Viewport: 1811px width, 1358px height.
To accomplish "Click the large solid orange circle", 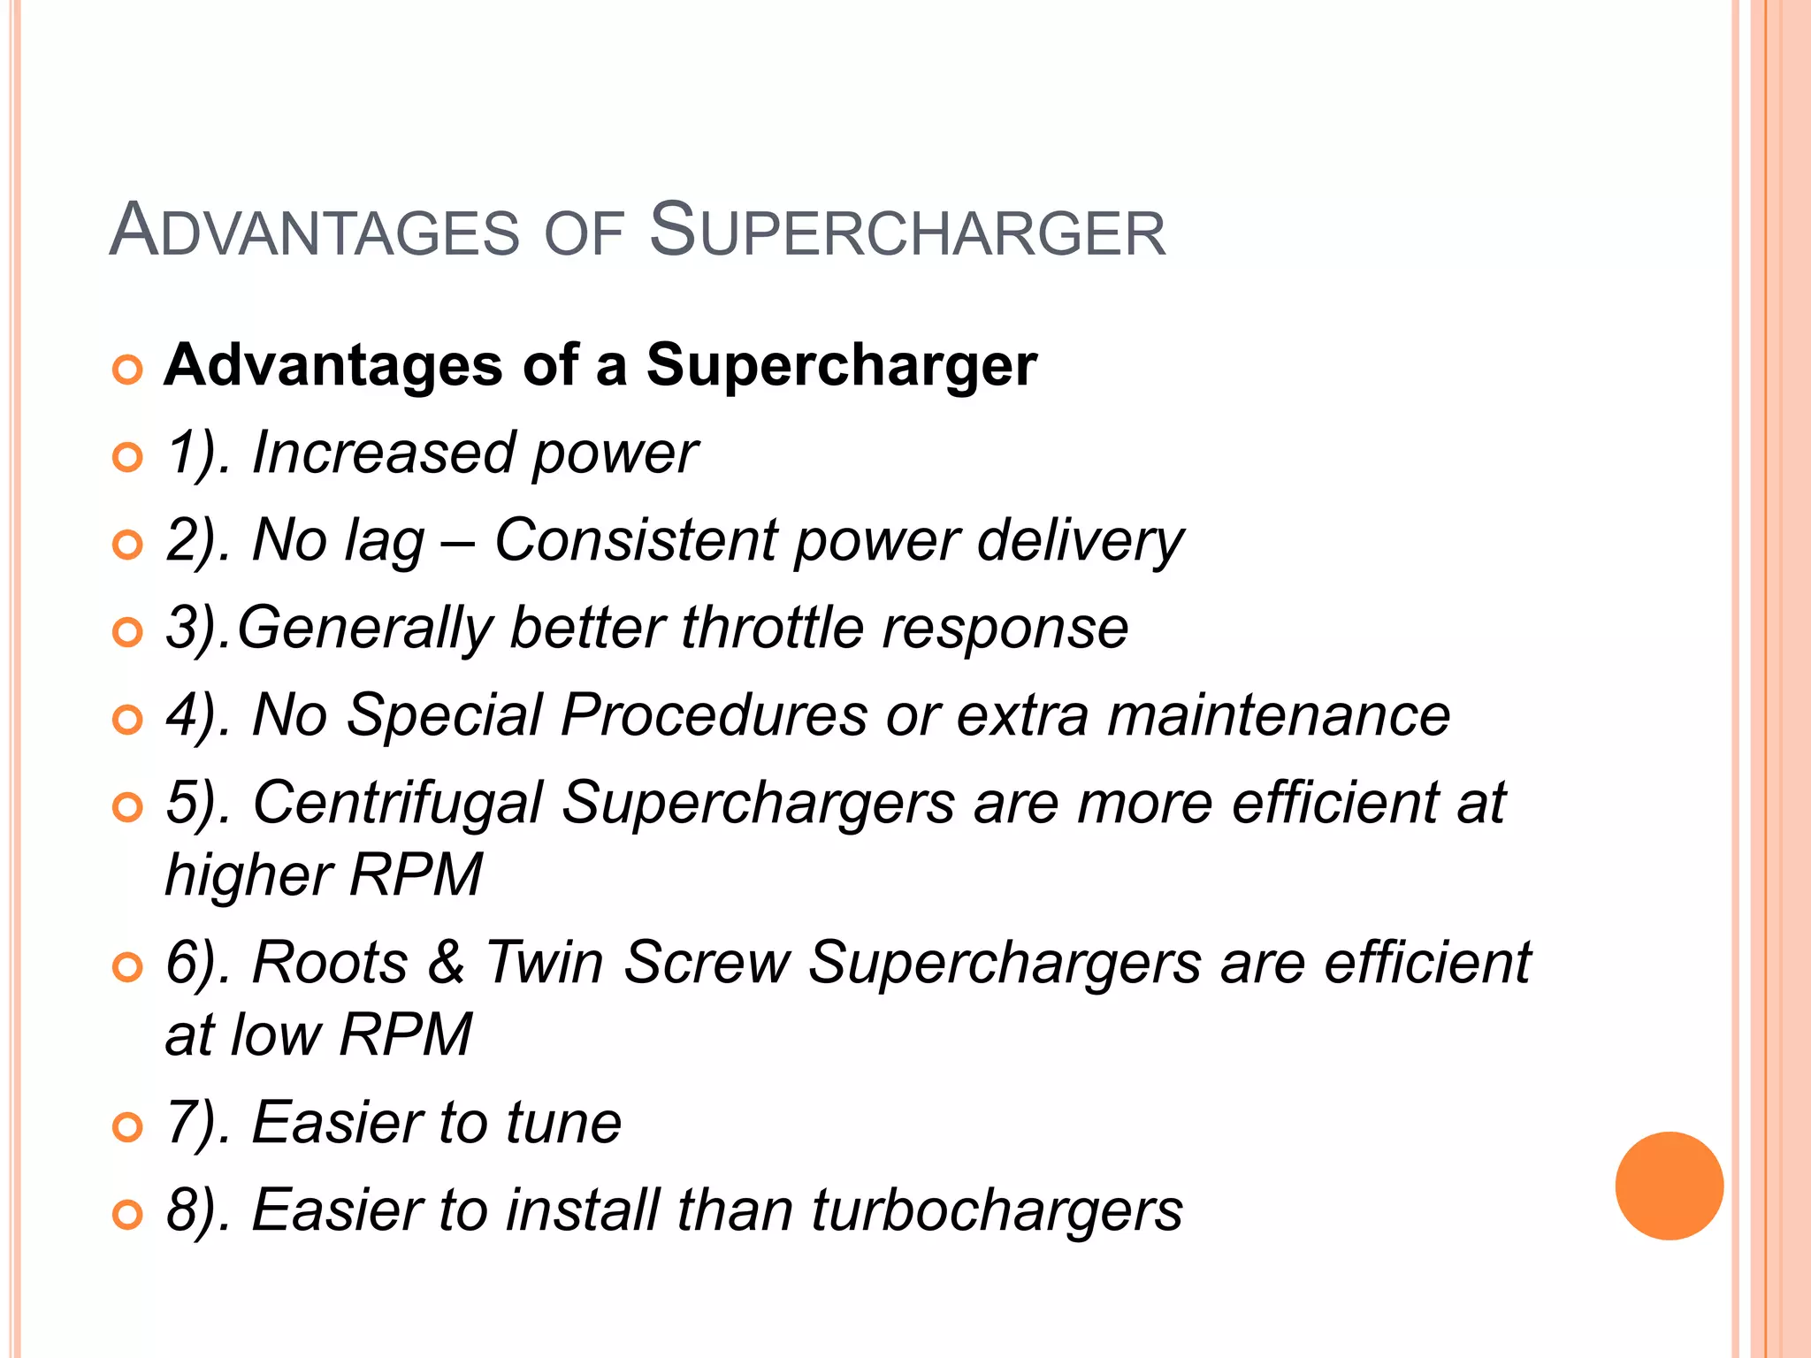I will click(x=1669, y=1186).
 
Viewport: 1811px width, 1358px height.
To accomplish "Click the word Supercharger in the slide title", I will click(x=907, y=232).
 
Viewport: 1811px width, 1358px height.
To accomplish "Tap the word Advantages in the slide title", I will click(x=315, y=232).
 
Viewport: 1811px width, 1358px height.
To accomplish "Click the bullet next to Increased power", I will click(x=127, y=457).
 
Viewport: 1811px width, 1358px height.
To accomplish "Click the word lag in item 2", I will click(x=384, y=541).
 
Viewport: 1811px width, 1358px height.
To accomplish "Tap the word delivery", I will click(x=1080, y=541).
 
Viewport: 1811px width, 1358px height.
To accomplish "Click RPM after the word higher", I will click(x=416, y=875).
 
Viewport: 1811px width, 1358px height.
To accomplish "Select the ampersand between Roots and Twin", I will click(x=447, y=962).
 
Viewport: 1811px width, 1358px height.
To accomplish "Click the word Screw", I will click(x=707, y=962).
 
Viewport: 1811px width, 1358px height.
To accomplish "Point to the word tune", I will click(x=563, y=1123).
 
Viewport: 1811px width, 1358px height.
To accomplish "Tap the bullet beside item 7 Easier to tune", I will click(x=127, y=1127).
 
